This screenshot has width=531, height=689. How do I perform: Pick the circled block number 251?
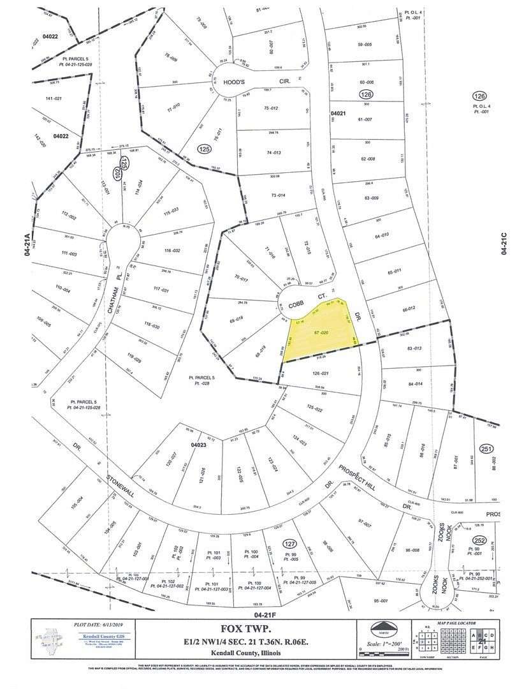point(487,448)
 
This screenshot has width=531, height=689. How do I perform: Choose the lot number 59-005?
point(366,44)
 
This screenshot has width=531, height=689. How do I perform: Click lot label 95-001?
point(381,600)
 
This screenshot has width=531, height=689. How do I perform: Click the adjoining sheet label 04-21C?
point(504,243)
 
